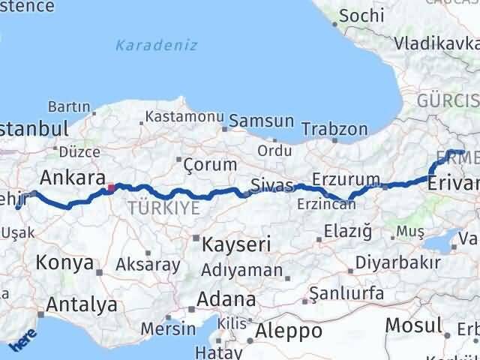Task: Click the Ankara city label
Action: pyautogui.click(x=72, y=178)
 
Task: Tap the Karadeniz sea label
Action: pyautogui.click(x=156, y=45)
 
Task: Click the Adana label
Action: pyautogui.click(x=225, y=299)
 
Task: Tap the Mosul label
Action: pyautogui.click(x=413, y=325)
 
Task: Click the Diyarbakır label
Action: pyautogui.click(x=397, y=263)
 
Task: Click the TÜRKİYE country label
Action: pyautogui.click(x=164, y=208)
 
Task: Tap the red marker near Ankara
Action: pyautogui.click(x=111, y=187)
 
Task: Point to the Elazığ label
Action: pyautogui.click(x=348, y=232)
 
